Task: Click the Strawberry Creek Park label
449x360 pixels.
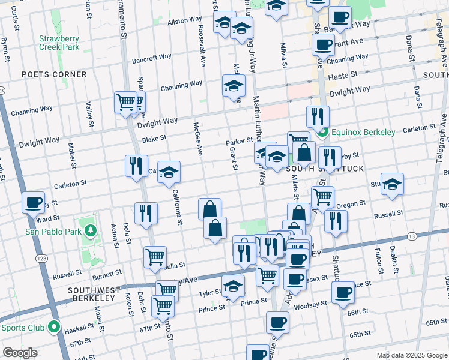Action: [x=59, y=42]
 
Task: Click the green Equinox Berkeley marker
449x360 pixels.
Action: [x=324, y=132]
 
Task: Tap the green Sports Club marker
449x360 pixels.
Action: [x=53, y=328]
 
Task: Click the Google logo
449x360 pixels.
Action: [x=20, y=353]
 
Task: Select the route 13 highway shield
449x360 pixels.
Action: [x=411, y=237]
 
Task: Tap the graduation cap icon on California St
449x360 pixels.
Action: [x=169, y=173]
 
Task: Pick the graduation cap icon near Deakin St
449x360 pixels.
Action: [x=392, y=185]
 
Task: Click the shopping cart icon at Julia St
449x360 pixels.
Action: [x=155, y=257]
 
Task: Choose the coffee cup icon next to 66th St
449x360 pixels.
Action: [x=343, y=292]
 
